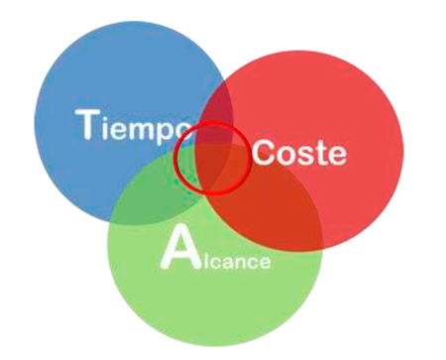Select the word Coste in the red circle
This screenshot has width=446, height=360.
tap(299, 153)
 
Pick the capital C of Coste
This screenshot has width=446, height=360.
tap(264, 153)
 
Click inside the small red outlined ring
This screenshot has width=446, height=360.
tap(211, 158)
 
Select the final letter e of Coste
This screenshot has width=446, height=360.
tap(336, 155)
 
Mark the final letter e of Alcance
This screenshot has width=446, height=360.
tap(262, 262)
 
